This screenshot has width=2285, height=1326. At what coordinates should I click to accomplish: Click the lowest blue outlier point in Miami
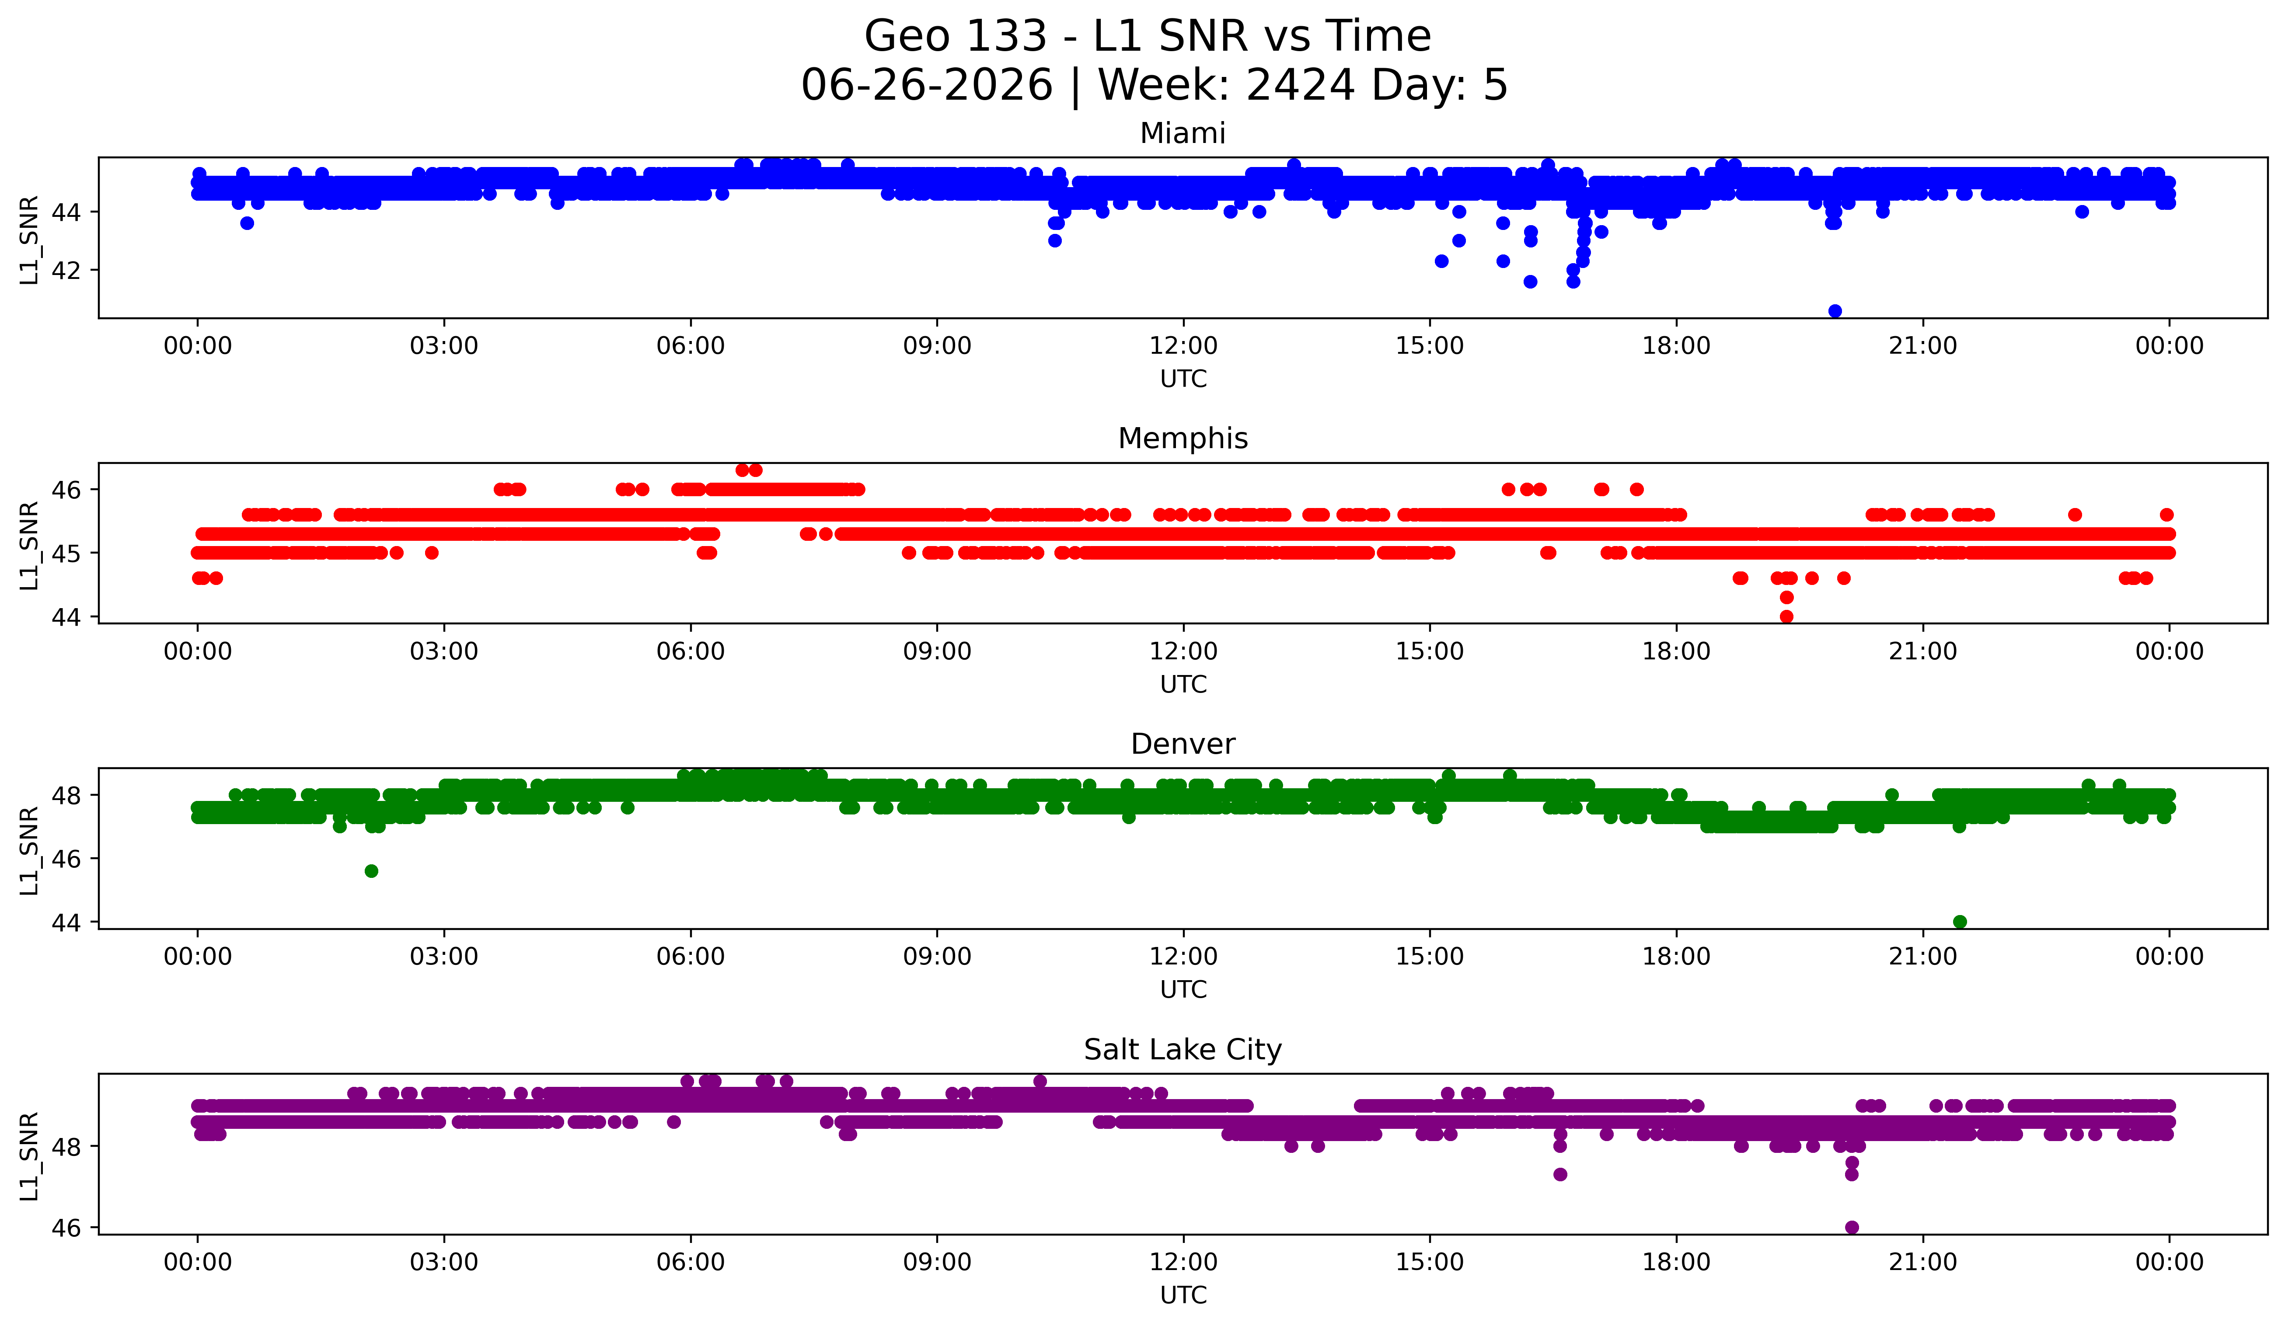pos(1835,311)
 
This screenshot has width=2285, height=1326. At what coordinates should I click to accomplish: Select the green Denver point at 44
pos(1960,922)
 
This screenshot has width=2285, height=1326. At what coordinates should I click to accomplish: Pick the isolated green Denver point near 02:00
pos(371,871)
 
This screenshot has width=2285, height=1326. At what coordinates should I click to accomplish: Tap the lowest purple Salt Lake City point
pos(1852,1227)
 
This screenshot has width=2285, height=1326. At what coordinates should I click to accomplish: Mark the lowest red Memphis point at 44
pos(1786,616)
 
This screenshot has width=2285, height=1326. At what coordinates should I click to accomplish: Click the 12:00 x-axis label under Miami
pos(1183,346)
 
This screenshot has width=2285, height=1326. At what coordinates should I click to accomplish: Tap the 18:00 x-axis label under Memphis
pos(1677,652)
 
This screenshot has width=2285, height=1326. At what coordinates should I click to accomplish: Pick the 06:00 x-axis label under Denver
pos(691,957)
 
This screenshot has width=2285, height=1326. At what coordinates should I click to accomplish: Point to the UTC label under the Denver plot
pos(1183,990)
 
